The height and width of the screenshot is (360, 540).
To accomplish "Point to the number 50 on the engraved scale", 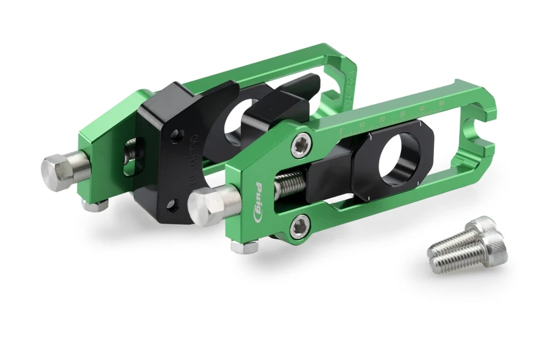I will [441, 103].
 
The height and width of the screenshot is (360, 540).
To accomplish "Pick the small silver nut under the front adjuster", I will [244, 247].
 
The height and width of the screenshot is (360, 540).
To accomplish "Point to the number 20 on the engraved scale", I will [383, 119].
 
